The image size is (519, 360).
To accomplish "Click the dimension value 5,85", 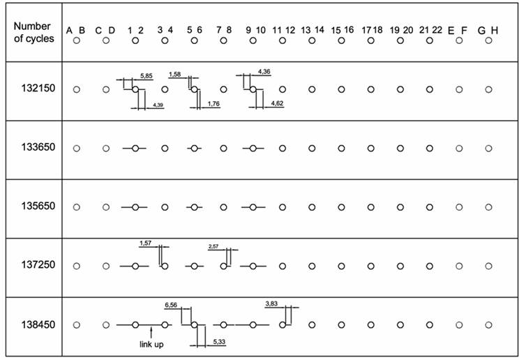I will (146, 75).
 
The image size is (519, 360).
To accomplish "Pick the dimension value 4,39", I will (157, 105).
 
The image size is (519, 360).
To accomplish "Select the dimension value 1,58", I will (175, 73).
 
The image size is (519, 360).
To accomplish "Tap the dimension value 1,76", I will (213, 105).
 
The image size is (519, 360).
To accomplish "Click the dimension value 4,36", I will (264, 72).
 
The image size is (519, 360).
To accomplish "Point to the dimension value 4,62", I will (276, 103).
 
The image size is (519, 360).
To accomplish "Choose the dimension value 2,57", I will (214, 246).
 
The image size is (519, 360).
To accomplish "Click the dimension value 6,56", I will (170, 305).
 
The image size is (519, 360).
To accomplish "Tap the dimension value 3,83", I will (272, 303).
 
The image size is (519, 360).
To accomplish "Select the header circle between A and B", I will (77, 40).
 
